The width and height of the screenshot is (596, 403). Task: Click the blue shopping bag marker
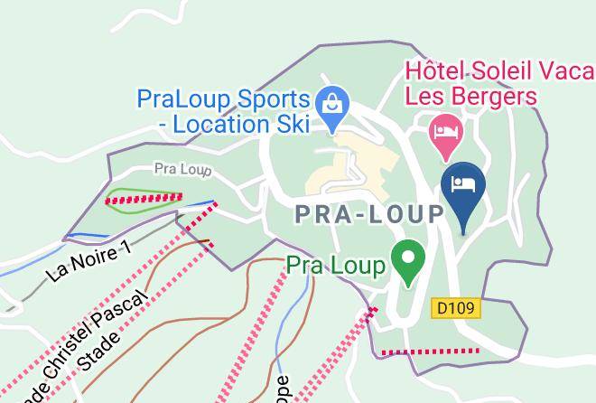pyautogui.click(x=333, y=102)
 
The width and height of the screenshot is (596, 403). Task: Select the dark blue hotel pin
pyautogui.click(x=463, y=186)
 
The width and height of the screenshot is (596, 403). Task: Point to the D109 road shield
pyautogui.click(x=455, y=308)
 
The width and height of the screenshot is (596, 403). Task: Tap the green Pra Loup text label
pyautogui.click(x=336, y=266)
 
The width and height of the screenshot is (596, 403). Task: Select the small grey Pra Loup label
pyautogui.click(x=182, y=168)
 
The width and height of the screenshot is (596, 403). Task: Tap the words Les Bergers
pyautogui.click(x=471, y=96)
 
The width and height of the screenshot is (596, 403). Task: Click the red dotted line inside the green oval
pyautogui.click(x=144, y=198)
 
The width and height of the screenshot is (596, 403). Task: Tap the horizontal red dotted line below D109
pyautogui.click(x=430, y=351)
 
